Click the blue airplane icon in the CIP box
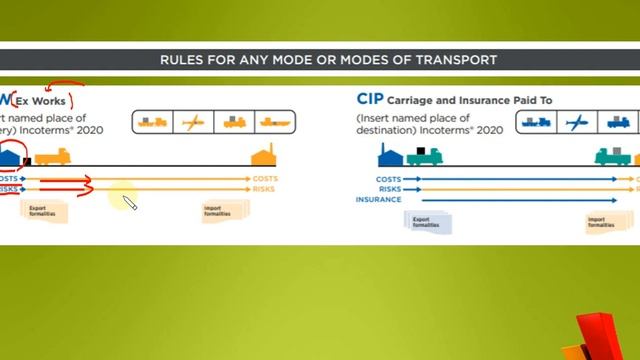[574, 122]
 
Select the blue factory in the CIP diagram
[391, 155]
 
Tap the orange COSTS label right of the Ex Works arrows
[265, 178]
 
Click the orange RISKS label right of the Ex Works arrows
[265, 188]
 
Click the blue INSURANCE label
[379, 199]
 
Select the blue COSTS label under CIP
[389, 179]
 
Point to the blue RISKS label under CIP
[389, 189]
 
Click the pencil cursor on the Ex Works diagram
[129, 203]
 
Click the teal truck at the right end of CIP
[611, 155]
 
